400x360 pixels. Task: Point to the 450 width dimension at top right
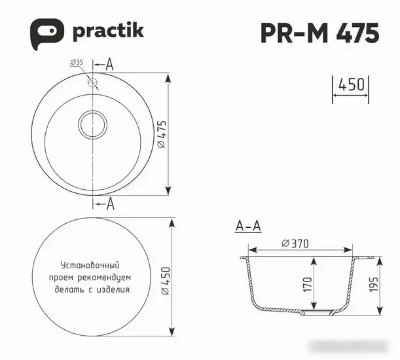coord(352,85)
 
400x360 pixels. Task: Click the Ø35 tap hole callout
coord(76,63)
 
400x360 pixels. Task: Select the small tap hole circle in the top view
coord(92,84)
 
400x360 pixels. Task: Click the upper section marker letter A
coord(109,64)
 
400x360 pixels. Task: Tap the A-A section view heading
coord(248,227)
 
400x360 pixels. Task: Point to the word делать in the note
coord(68,289)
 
